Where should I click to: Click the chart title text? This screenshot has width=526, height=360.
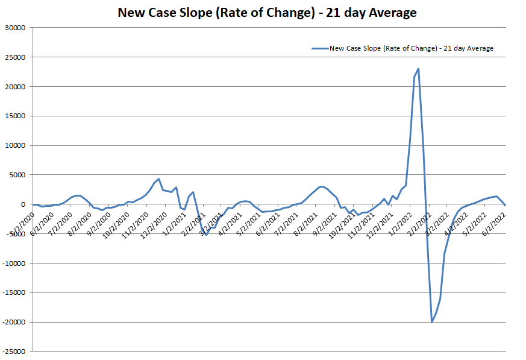tap(266, 13)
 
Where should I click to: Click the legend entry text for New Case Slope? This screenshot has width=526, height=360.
tap(412, 48)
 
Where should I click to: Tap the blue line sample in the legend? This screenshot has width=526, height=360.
tap(319, 48)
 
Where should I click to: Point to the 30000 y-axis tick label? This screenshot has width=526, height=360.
tap(16, 28)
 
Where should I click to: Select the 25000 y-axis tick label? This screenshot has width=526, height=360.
tap(16, 57)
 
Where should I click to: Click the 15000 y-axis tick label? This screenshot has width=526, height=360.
tap(16, 116)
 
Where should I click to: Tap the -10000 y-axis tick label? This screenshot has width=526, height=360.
tap(14, 263)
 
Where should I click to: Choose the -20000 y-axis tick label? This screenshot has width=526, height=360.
tap(14, 322)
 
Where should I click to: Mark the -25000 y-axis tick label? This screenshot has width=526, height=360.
tap(14, 351)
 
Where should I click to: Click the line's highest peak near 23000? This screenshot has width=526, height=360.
tap(418, 69)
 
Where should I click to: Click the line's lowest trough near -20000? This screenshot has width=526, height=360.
tap(431, 322)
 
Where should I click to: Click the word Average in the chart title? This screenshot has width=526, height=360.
tap(392, 13)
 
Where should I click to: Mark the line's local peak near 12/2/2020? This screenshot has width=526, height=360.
tap(158, 179)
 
